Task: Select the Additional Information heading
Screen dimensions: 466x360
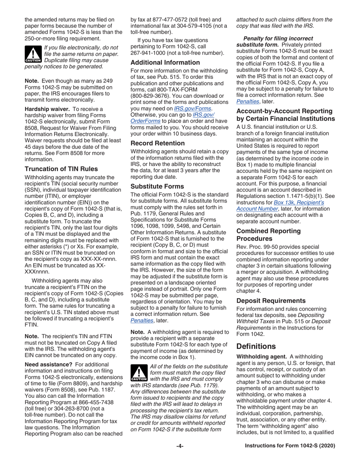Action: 165,63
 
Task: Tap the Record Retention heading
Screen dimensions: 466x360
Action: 158,143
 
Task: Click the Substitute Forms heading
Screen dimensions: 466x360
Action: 157,186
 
